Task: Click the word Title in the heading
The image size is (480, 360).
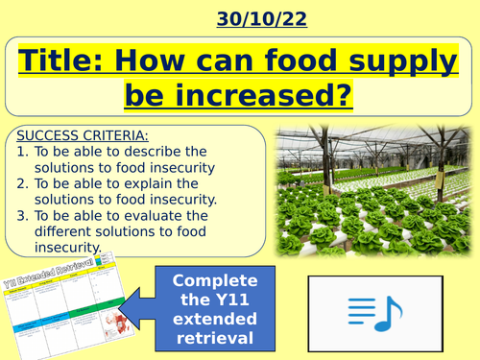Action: pyautogui.click(x=62, y=61)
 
